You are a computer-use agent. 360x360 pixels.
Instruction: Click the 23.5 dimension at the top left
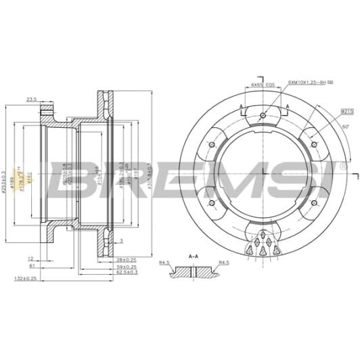pos(31,99)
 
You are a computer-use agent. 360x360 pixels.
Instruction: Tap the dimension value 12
pos(31,258)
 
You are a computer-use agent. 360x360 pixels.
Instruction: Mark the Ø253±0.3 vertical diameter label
pos(5,173)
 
